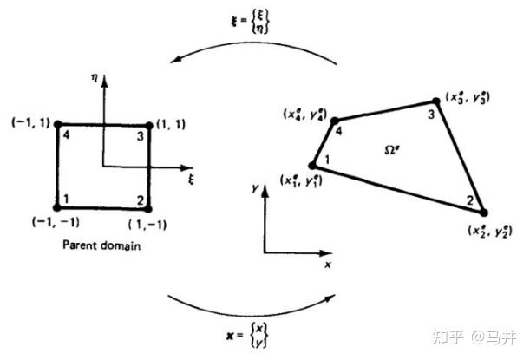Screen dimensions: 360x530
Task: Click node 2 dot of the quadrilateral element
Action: pyautogui.click(x=484, y=212)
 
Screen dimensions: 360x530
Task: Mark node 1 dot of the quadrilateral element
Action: pyautogui.click(x=313, y=166)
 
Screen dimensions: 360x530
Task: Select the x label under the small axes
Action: pyautogui.click(x=328, y=265)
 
